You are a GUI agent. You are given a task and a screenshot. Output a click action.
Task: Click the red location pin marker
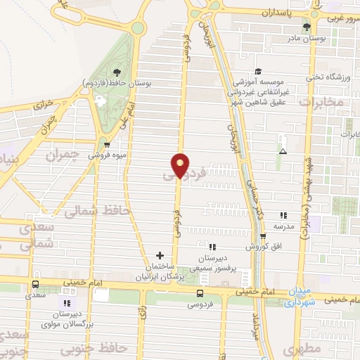[181, 165]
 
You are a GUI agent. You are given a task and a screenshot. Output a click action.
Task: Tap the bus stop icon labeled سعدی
[35, 284]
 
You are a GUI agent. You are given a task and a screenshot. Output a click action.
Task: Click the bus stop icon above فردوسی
[200, 293]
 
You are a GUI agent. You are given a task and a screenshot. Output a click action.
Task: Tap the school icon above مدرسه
[283, 216]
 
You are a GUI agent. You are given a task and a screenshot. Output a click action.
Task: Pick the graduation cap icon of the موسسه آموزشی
[258, 71]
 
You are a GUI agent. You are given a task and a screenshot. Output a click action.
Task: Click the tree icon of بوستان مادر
[325, 26]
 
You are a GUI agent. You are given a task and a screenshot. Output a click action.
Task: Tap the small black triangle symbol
[283, 151]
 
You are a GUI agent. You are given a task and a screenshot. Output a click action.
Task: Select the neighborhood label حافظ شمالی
[89, 210]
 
